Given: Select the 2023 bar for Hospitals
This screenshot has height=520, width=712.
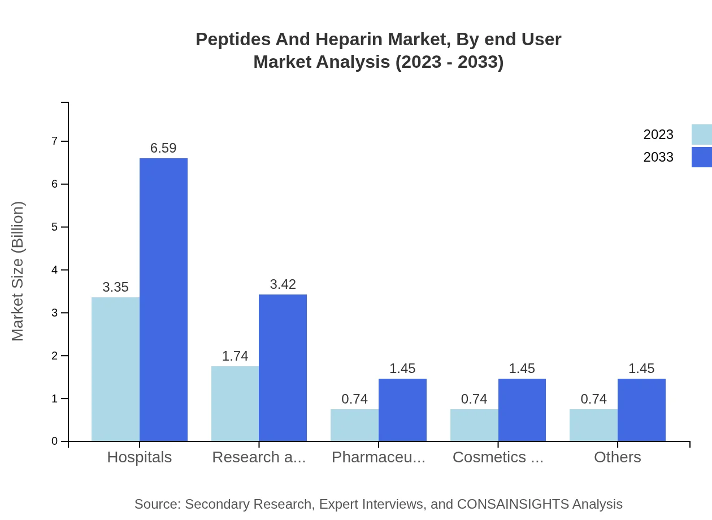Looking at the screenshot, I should tap(115, 369).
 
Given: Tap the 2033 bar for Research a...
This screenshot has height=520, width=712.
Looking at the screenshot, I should tap(283, 367).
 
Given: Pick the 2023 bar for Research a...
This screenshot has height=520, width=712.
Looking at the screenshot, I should tap(235, 404).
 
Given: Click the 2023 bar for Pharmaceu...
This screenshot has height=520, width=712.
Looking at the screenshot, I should tap(354, 425).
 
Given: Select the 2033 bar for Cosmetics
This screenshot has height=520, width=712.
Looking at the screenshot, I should tap(522, 410).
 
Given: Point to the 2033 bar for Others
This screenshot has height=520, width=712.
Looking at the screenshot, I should tap(641, 410).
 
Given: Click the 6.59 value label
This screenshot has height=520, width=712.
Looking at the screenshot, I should tap(163, 148).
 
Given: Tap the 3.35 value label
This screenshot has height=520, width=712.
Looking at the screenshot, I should tap(115, 287).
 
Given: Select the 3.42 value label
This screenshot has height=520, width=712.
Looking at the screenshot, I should tap(283, 284).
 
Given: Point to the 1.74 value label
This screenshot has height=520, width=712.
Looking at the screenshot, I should tap(235, 356).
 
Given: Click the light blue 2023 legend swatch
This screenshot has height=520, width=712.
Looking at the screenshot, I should tap(701, 135).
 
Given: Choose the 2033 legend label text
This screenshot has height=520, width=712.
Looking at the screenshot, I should tap(658, 157).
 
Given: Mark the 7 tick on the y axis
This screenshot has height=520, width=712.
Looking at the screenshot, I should tap(55, 141).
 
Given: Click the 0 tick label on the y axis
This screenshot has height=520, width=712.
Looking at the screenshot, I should tap(55, 441).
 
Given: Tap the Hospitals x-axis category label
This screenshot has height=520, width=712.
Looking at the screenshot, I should tap(140, 457).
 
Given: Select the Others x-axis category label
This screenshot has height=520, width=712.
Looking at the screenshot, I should tap(617, 457).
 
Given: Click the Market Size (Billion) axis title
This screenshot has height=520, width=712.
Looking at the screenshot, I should tap(18, 271).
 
